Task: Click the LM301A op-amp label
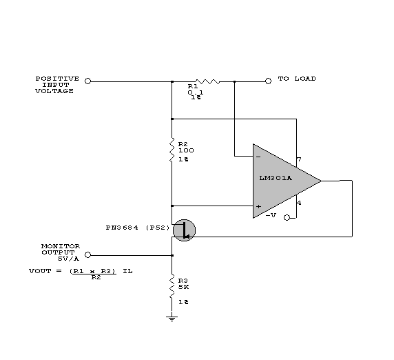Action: click(x=276, y=178)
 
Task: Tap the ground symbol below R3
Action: click(x=172, y=319)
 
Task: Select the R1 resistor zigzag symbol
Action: click(x=207, y=81)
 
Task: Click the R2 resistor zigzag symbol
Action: click(x=172, y=150)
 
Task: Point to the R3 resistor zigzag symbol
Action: click(x=172, y=286)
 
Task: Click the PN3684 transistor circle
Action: click(x=184, y=230)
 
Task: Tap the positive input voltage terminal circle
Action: click(x=87, y=81)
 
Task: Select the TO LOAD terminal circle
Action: click(x=269, y=81)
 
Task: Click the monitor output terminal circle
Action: click(x=87, y=255)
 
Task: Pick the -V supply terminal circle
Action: click(x=287, y=218)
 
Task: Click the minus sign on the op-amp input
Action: click(x=258, y=157)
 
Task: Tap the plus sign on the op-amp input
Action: click(x=258, y=206)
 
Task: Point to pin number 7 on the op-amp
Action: click(x=299, y=159)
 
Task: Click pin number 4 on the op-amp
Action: click(x=299, y=203)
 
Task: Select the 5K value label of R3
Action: click(x=184, y=287)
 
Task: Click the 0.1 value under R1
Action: click(x=196, y=92)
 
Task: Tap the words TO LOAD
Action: click(x=297, y=79)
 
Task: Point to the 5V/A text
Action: click(x=68, y=259)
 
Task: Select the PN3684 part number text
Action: click(x=122, y=228)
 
